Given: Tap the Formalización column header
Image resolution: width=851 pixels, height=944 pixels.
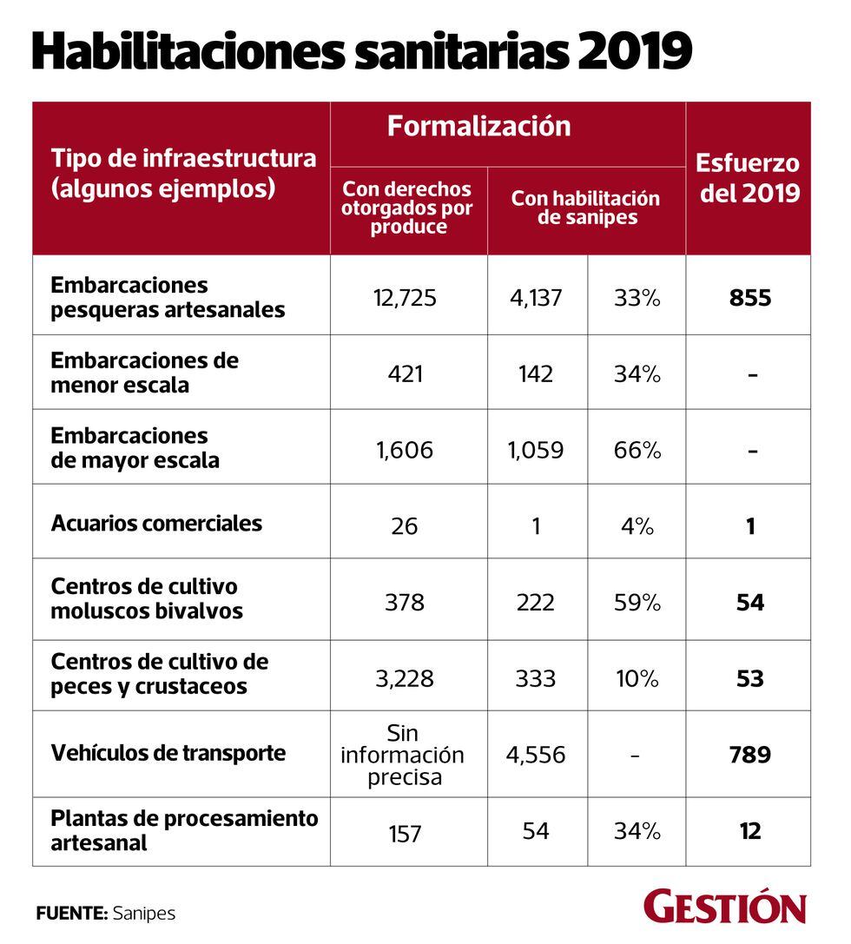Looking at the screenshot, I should [479, 127].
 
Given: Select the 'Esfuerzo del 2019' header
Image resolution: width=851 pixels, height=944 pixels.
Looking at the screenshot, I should [749, 178].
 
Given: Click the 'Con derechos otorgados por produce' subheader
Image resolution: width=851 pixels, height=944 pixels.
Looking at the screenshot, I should [406, 208].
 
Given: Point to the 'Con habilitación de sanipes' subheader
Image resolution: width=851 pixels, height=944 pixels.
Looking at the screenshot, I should [585, 208].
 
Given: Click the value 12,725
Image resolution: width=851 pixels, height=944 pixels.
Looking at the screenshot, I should [405, 299].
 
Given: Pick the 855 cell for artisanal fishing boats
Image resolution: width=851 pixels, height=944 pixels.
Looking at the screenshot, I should [750, 299].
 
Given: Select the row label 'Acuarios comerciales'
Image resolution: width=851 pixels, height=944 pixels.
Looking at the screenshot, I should [156, 523].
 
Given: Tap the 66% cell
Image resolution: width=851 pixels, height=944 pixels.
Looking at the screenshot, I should [637, 450].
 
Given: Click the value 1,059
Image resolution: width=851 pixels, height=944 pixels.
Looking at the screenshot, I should [536, 450].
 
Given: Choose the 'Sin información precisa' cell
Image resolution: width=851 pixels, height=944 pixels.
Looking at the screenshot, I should [402, 755].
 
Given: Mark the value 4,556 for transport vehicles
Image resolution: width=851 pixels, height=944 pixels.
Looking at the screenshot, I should [536, 755].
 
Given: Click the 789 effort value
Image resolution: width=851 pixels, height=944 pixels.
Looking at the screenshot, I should [750, 755].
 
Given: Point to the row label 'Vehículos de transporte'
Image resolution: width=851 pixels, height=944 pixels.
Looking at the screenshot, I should [168, 752].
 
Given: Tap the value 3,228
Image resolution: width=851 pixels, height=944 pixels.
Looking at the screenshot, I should [405, 678].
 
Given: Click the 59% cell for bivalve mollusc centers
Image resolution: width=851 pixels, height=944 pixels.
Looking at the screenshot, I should [637, 602].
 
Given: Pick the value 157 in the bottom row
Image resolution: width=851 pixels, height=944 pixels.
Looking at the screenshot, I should [405, 833].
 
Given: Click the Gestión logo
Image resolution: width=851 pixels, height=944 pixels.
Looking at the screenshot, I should [725, 906].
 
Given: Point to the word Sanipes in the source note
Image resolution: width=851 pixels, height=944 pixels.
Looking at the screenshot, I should [144, 914].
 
